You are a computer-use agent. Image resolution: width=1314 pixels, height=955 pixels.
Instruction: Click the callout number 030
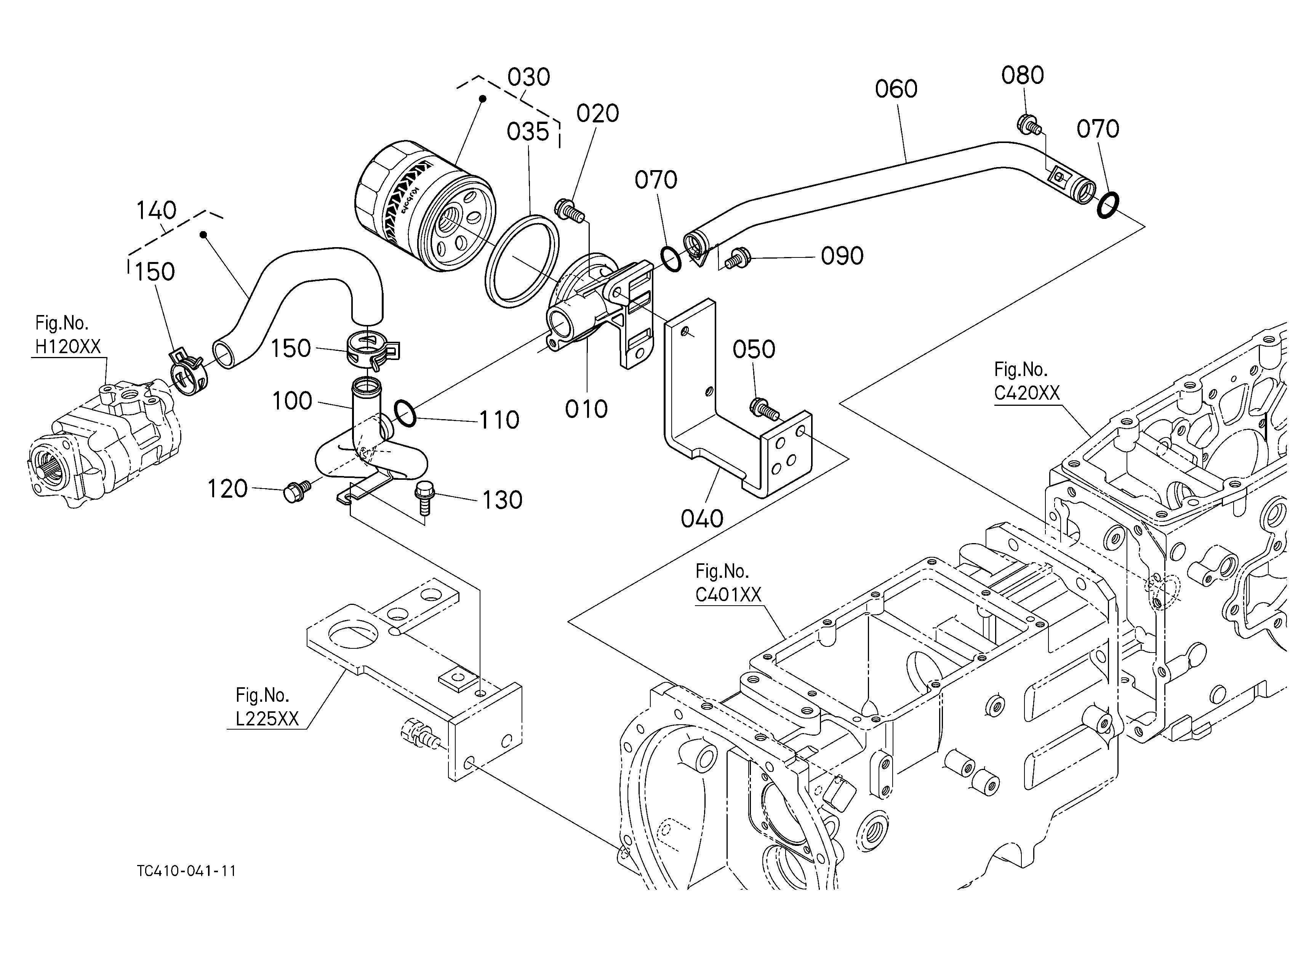pos(528,77)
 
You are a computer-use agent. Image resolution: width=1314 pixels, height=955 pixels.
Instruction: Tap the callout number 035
pos(528,132)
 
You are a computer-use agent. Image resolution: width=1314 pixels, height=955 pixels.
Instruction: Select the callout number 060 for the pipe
pos(896,89)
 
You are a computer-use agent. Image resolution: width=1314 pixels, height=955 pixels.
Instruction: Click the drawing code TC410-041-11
pos(187,871)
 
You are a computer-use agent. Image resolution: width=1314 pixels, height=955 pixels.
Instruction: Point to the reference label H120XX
pos(68,347)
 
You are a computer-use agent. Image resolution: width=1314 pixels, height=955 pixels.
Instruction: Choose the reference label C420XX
pos(1027,393)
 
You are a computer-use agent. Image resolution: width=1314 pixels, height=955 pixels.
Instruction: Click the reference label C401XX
pos(728,595)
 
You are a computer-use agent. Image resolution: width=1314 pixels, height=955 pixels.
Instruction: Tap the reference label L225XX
pos(267,719)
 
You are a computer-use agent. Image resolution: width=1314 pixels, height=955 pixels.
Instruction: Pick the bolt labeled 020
pos(570,210)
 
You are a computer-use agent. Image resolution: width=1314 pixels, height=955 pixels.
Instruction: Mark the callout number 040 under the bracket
pos(702,519)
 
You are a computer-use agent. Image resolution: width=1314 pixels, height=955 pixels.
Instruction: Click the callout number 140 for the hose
pos(157,211)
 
